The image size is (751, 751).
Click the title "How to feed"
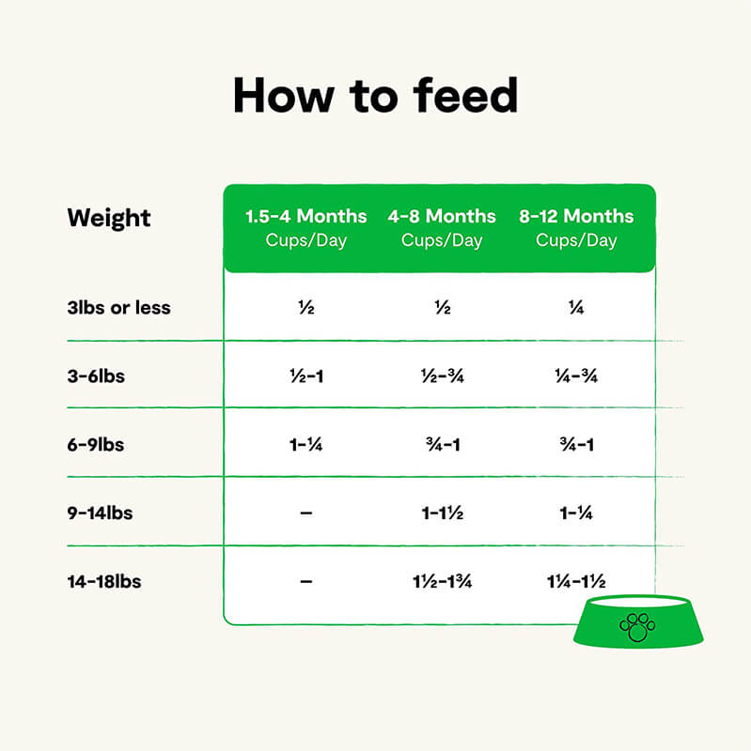pyautogui.click(x=375, y=96)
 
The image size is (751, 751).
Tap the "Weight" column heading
pyautogui.click(x=109, y=218)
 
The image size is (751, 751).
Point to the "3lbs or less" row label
pyautogui.click(x=119, y=308)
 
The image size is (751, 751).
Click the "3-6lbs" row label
pyautogui.click(x=96, y=376)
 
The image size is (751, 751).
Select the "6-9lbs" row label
pyautogui.click(x=96, y=445)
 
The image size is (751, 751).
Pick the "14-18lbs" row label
pyautogui.click(x=104, y=582)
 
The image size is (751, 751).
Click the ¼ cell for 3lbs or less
pyautogui.click(x=576, y=308)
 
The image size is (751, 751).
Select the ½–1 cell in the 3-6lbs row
pyautogui.click(x=306, y=376)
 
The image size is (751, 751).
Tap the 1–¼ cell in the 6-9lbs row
pyautogui.click(x=306, y=445)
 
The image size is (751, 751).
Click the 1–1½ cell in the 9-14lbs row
pyautogui.click(x=442, y=513)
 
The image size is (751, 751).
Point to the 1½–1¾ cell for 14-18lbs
pyautogui.click(x=442, y=582)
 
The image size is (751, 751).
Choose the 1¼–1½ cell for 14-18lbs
pyautogui.click(x=576, y=582)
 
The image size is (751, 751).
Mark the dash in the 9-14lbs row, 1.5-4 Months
pyautogui.click(x=306, y=513)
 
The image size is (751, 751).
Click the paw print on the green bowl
pyautogui.click(x=638, y=626)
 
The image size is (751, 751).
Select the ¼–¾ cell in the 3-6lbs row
pyautogui.click(x=576, y=376)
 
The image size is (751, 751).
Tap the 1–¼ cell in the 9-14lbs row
pyautogui.click(x=576, y=513)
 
